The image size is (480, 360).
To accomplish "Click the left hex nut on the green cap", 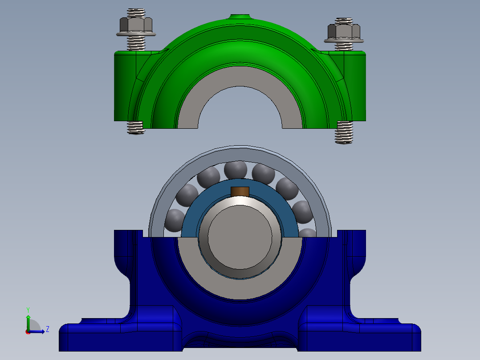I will point(136,25).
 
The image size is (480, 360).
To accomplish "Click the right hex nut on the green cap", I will point(343,31).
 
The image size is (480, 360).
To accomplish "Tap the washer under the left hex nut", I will point(136,34).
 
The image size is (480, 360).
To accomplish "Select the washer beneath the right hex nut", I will point(344,40).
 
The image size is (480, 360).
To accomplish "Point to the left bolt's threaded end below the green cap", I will point(135,127).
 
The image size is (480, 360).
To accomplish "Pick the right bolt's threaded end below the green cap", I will point(344,133).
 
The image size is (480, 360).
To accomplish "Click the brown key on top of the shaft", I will point(240,192).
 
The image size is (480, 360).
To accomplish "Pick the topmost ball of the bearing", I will point(236,169).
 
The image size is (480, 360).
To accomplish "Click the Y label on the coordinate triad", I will point(28,309).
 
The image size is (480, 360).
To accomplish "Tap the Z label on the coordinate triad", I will point(47,329).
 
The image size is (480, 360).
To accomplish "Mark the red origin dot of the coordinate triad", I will point(28,332).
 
